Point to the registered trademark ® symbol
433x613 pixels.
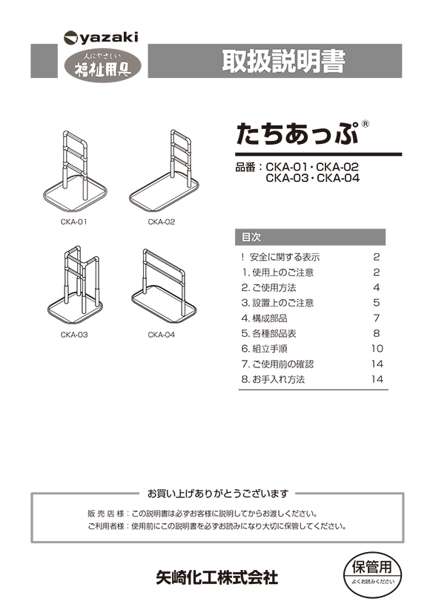pos(365,124)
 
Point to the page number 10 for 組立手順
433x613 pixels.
pos(377,348)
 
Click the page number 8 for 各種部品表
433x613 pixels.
pos(377,333)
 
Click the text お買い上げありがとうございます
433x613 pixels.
pos(217,493)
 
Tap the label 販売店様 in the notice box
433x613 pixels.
pos(107,513)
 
